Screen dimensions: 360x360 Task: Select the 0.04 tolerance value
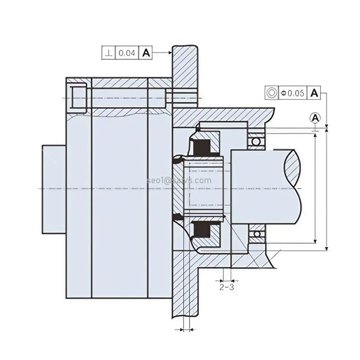tap(126, 53)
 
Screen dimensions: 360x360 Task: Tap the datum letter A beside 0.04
tap(146, 53)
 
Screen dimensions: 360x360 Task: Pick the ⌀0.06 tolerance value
tap(293, 93)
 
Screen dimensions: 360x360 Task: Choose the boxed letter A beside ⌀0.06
tap(315, 93)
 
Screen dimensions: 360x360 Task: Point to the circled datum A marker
tap(316, 118)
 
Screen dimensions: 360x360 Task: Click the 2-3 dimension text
tap(226, 286)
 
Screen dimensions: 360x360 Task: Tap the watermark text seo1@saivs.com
tap(179, 180)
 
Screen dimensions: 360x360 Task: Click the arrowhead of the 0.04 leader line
tap(170, 53)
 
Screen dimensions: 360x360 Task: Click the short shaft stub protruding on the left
tap(54, 189)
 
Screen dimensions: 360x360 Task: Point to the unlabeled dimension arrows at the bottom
tap(185, 329)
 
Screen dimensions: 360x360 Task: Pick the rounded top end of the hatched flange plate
tap(184, 47)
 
